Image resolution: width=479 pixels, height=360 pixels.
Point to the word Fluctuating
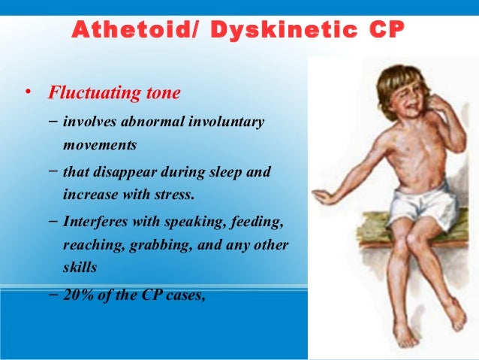(88, 94)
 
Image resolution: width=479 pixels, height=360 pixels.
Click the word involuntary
(229, 121)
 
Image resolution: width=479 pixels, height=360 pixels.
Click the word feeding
(256, 223)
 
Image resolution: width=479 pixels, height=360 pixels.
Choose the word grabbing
(158, 245)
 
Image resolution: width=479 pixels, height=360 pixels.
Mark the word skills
(80, 267)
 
